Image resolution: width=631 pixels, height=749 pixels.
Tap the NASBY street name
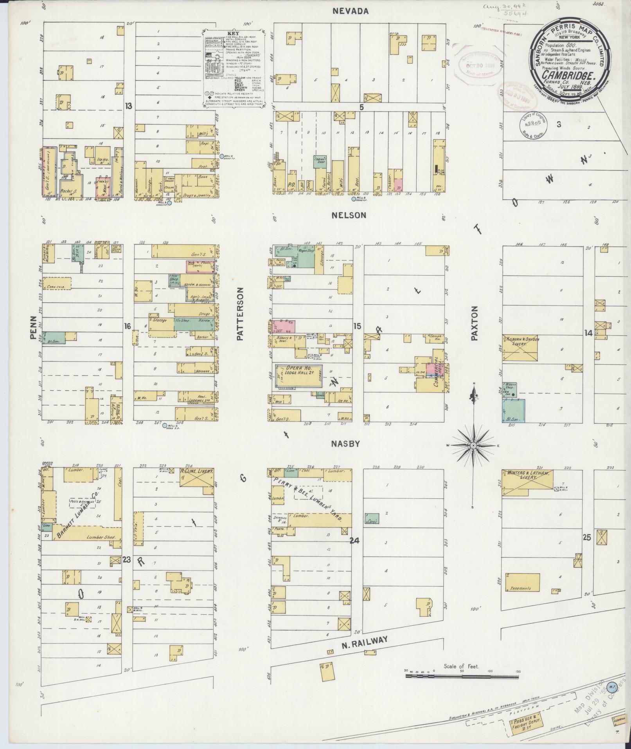[x=345, y=444]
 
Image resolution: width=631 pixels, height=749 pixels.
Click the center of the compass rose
[x=473, y=446]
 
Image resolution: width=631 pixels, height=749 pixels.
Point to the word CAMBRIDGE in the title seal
[x=568, y=77]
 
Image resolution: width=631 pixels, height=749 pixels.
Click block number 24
[x=354, y=541]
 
